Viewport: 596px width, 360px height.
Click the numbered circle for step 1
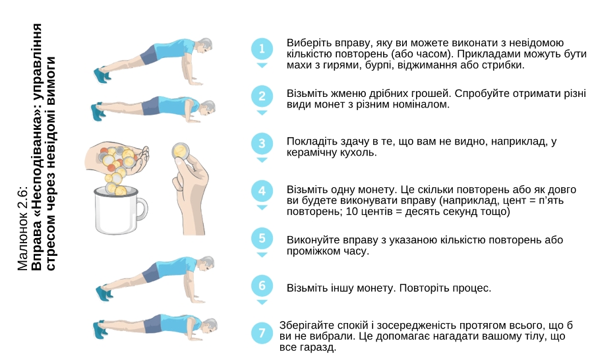point(262,49)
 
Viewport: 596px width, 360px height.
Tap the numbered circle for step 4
point(262,191)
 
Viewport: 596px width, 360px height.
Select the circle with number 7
point(262,333)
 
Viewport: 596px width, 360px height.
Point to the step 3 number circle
point(262,143)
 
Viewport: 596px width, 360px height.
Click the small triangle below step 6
point(262,302)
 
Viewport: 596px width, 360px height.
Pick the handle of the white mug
point(141,210)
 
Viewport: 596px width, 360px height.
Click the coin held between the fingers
point(180,151)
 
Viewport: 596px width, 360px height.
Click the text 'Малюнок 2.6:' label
point(23,229)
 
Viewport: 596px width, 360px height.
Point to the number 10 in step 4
point(351,212)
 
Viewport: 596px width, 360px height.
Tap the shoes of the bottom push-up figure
point(99,330)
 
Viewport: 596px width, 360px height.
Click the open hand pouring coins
point(118,156)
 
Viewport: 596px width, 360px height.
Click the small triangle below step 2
point(262,113)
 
